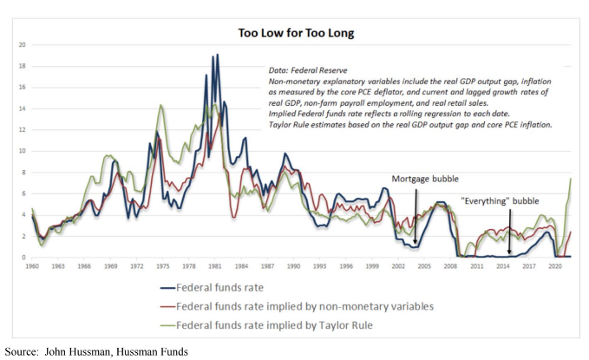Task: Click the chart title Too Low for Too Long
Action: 297,34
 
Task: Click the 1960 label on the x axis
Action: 32,267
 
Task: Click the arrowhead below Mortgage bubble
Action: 416,245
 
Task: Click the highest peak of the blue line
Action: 216,55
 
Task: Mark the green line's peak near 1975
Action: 160,105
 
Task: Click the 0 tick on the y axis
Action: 24,257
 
